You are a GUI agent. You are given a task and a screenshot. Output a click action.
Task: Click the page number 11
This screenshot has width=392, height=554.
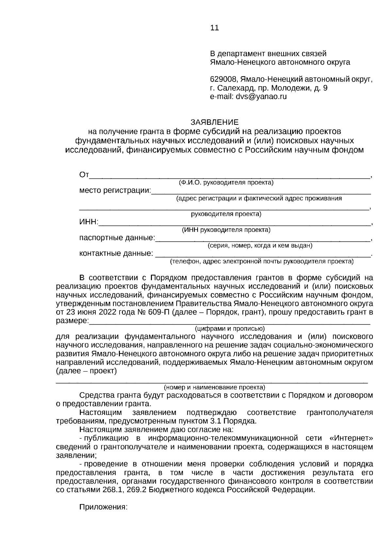(215, 28)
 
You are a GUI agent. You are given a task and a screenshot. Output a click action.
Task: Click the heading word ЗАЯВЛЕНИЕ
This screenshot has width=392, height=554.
(215, 122)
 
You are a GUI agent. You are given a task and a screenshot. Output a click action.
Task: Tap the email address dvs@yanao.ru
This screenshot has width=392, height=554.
(261, 97)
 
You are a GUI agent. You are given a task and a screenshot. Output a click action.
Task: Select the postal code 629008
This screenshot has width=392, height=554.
(224, 79)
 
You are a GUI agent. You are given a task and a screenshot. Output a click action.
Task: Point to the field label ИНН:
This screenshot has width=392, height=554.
(89, 222)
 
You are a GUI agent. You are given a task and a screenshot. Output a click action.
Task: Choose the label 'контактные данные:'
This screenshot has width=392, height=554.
(116, 253)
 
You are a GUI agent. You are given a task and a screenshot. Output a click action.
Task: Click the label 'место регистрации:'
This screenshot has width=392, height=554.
(115, 190)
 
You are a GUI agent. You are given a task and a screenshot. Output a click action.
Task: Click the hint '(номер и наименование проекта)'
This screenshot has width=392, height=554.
(214, 388)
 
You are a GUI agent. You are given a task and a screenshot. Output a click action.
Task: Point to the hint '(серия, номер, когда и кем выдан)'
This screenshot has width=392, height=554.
(260, 245)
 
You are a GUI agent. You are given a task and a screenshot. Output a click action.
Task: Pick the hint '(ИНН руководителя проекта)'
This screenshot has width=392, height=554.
(226, 230)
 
